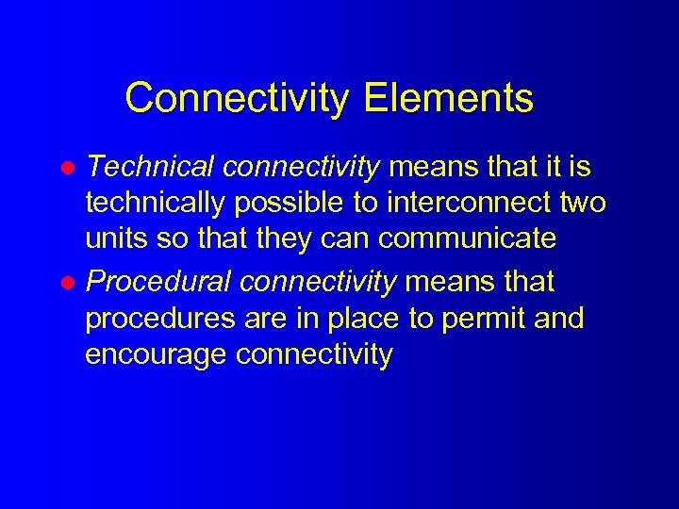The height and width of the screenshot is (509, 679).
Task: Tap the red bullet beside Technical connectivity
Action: pos(69,169)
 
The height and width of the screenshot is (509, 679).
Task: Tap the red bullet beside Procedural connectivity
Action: pos(69,283)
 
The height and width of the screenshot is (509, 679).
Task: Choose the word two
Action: pos(581,204)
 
